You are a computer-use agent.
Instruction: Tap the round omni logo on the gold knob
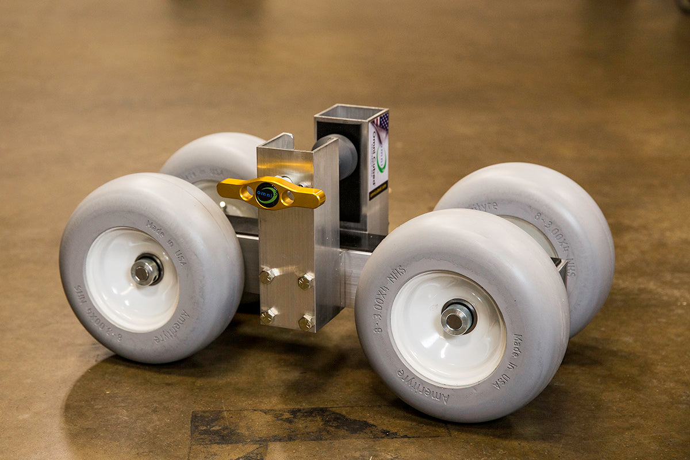(267, 194)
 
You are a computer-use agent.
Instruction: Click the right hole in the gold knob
(287, 197)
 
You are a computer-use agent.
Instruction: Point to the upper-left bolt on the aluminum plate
(266, 276)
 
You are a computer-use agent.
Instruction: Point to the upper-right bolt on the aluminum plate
(305, 281)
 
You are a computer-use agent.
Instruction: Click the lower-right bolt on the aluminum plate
(305, 322)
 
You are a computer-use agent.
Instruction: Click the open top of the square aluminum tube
(351, 113)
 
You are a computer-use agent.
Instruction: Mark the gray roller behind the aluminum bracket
(342, 155)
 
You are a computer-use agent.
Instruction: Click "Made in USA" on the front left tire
(167, 242)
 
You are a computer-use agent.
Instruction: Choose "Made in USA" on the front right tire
(509, 362)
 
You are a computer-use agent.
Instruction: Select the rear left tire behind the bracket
(213, 155)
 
